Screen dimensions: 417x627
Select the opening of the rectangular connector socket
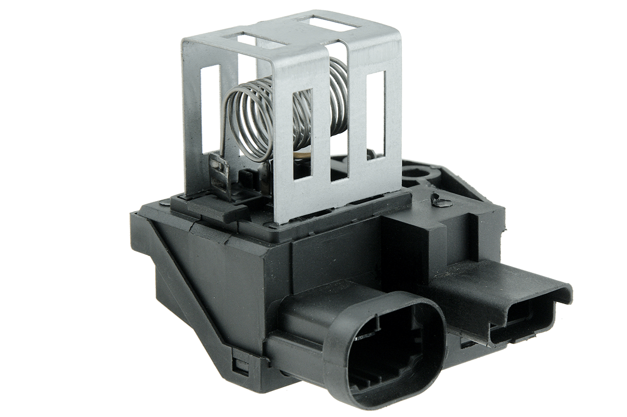(x=522, y=319)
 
